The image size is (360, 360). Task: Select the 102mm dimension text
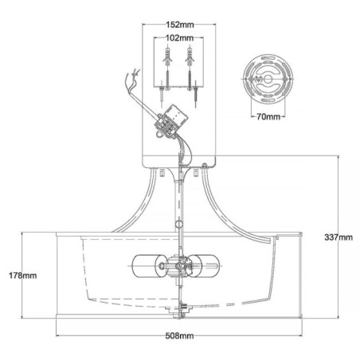tap(180, 37)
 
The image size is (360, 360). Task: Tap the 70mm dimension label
tap(270, 117)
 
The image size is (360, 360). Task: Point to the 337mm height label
tap(338, 237)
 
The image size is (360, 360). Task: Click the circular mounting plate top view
tap(270, 82)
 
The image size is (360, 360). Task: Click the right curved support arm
tap(231, 209)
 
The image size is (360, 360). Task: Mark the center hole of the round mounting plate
tap(272, 83)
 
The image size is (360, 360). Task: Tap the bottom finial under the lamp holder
tap(180, 309)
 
